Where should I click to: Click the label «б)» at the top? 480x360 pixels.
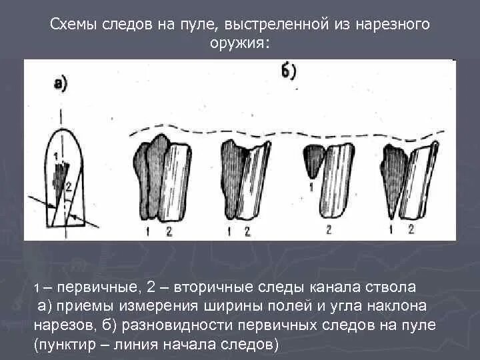click(289, 71)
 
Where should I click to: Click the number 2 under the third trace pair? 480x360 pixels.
click(329, 229)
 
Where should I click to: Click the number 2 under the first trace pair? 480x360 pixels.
click(168, 231)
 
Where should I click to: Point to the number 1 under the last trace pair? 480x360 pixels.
click(393, 229)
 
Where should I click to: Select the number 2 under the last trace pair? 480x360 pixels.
click(411, 229)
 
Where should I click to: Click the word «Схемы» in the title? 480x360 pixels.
click(75, 25)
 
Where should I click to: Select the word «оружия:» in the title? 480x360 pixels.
click(239, 42)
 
